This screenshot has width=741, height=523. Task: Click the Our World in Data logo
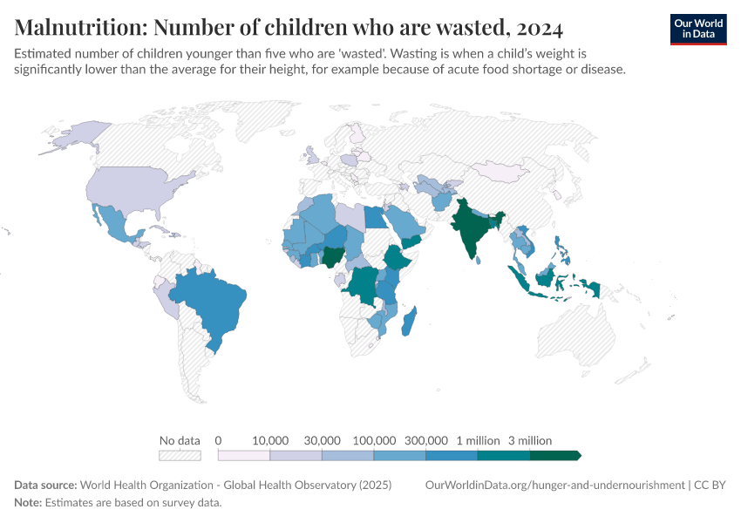pyautogui.click(x=697, y=29)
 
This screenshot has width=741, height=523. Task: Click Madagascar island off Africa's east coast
pyautogui.click(x=409, y=321)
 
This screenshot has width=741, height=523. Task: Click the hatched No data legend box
pyautogui.click(x=180, y=455)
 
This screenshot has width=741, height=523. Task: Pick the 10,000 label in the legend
pyautogui.click(x=270, y=440)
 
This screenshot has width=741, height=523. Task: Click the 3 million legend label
pyautogui.click(x=530, y=440)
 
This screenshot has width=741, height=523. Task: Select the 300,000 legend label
pyautogui.click(x=426, y=440)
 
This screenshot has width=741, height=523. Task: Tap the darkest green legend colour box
pyautogui.click(x=554, y=455)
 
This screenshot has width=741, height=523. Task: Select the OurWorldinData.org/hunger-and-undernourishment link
pyautogui.click(x=554, y=485)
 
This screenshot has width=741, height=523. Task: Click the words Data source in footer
pyautogui.click(x=44, y=485)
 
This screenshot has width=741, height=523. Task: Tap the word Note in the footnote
pyautogui.click(x=27, y=502)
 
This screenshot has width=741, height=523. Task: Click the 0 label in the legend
pyautogui.click(x=218, y=440)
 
